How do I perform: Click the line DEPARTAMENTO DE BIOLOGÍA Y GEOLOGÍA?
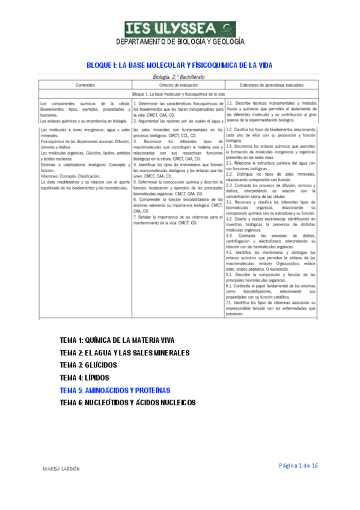[180, 42]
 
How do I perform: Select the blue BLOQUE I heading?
[180, 64]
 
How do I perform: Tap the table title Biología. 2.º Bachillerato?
[179, 78]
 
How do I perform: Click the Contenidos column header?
[85, 85]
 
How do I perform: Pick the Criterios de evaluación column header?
[178, 85]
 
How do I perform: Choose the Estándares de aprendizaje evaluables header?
[272, 85]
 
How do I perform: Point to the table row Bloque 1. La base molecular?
[178, 95]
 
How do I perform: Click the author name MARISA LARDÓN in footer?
[62, 467]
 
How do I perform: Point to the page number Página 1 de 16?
[298, 466]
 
